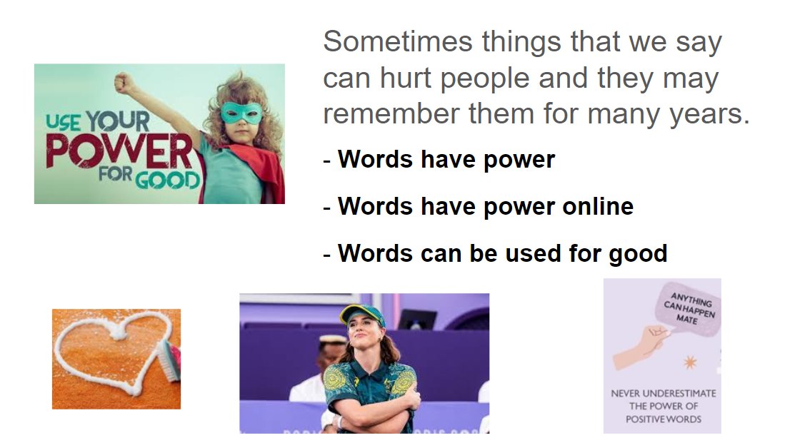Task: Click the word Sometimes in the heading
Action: pos(397,41)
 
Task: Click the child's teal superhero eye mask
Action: pos(241,113)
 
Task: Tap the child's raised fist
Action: pos(124,82)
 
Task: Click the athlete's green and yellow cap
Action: pos(362,315)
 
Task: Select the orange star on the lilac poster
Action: pos(689,362)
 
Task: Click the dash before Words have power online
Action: pos(327,208)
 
